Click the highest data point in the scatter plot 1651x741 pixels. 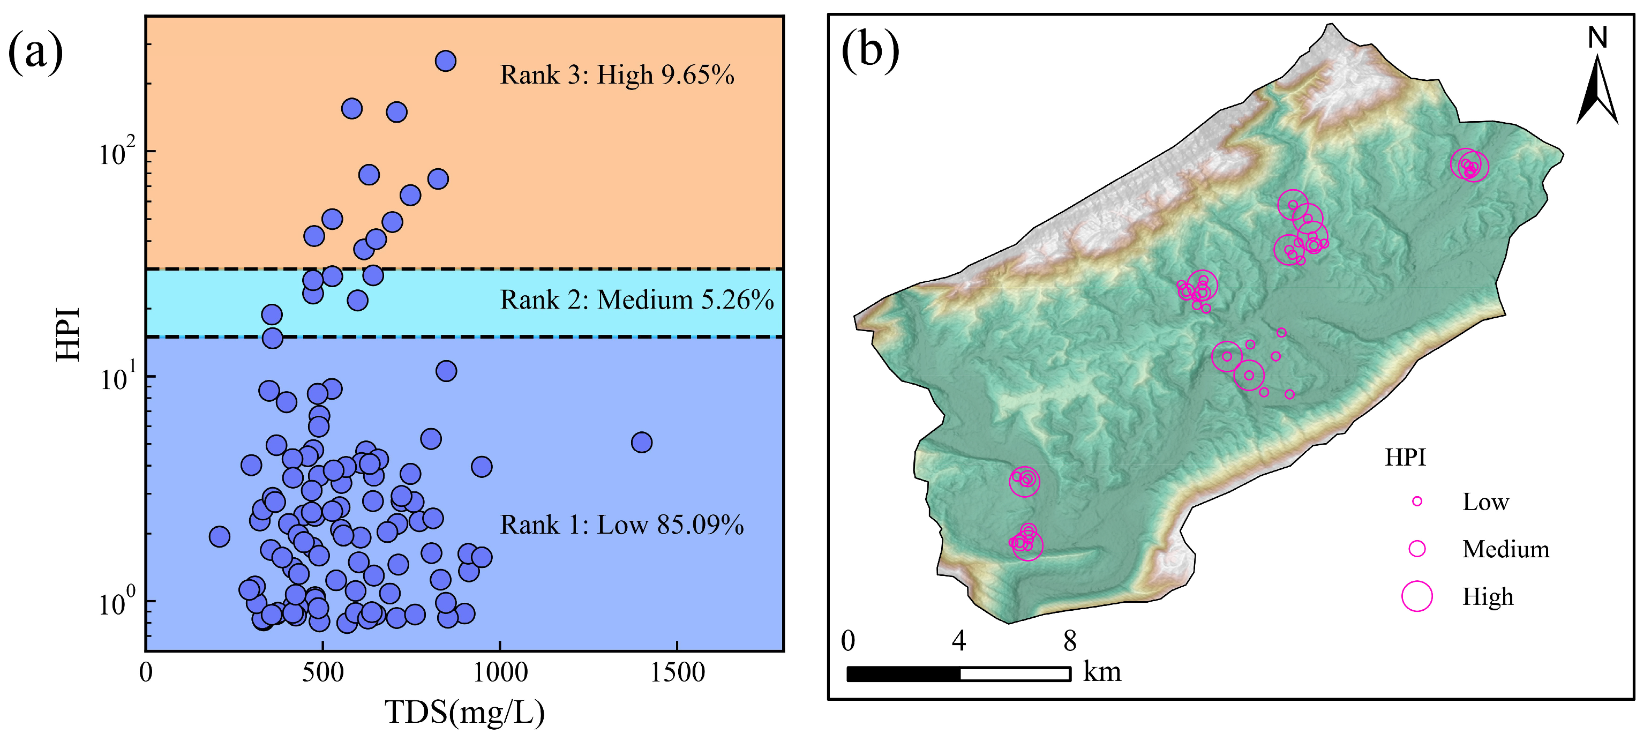(x=446, y=61)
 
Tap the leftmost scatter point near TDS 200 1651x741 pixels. (x=219, y=536)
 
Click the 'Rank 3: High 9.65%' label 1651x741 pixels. (x=617, y=75)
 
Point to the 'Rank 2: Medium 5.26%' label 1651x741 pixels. (x=636, y=300)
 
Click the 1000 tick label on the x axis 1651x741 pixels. (x=499, y=673)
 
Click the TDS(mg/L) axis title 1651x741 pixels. (x=464, y=712)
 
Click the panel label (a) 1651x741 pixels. (x=36, y=53)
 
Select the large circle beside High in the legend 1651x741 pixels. (x=1416, y=596)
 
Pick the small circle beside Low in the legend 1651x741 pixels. (x=1417, y=502)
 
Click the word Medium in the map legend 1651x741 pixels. (x=1505, y=549)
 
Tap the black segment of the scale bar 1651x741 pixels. (x=903, y=673)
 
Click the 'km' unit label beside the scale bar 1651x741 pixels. (x=1102, y=672)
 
